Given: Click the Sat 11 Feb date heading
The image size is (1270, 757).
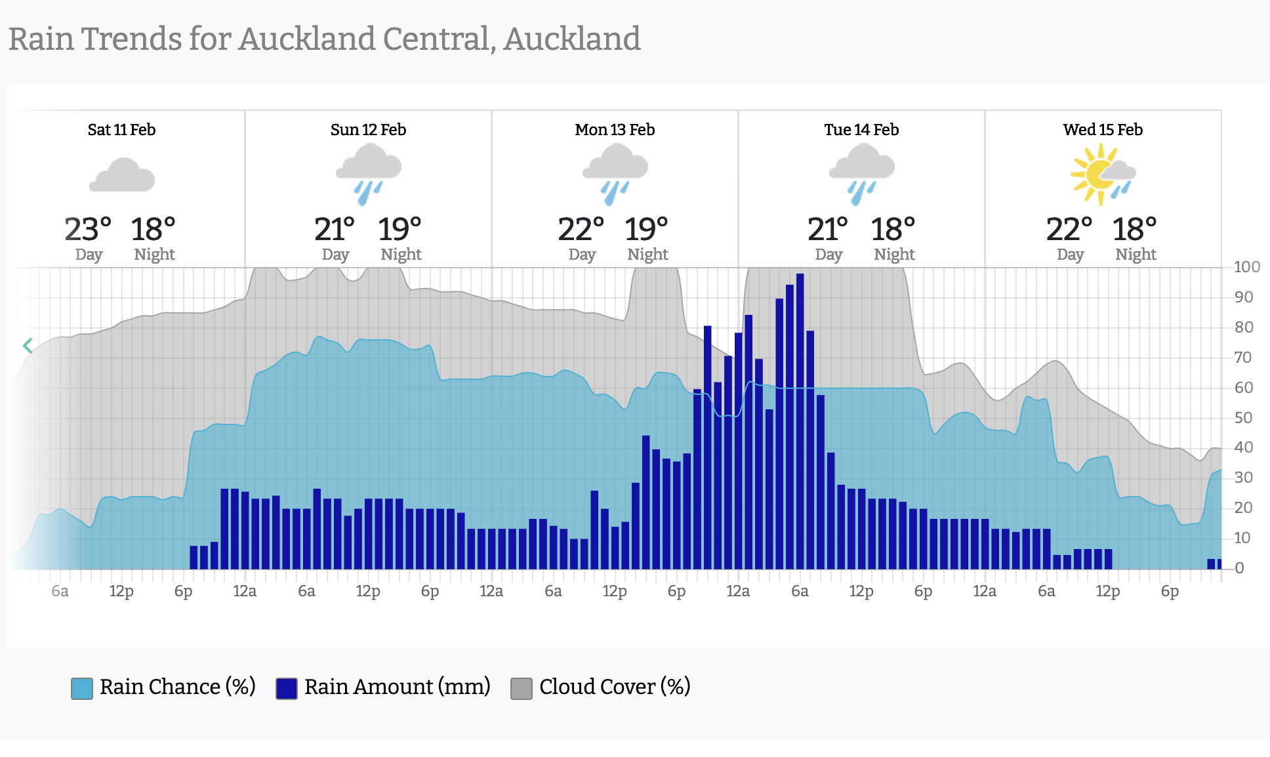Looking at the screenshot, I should click(x=121, y=130).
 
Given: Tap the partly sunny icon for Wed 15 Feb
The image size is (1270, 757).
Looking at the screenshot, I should click(x=1103, y=174).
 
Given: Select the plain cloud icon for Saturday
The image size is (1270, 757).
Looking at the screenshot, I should click(x=122, y=175).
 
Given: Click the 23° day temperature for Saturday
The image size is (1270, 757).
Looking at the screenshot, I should click(x=88, y=230).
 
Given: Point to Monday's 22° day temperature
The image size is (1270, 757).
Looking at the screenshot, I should click(x=581, y=230).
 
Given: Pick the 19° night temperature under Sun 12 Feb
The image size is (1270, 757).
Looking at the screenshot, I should click(x=399, y=230).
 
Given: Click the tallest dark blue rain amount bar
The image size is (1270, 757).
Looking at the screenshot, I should click(x=800, y=420).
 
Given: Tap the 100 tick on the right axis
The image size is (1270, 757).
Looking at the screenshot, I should click(x=1246, y=267).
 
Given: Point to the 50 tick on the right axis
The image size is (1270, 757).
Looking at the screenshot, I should click(x=1244, y=418).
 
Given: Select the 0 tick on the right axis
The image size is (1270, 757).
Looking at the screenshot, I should click(x=1239, y=568).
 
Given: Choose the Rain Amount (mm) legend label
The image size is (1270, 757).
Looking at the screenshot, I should click(x=397, y=687).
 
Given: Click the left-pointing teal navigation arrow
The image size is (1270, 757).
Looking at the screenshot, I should click(x=28, y=346).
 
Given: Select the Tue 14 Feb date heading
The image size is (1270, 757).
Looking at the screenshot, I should click(x=861, y=130).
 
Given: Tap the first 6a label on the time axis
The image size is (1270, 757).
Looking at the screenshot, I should click(x=60, y=591).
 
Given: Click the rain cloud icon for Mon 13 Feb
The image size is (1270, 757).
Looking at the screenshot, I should click(x=615, y=174).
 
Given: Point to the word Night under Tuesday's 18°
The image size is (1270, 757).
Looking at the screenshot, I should click(x=894, y=255).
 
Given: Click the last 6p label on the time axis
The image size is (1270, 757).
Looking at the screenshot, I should click(x=1170, y=591).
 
